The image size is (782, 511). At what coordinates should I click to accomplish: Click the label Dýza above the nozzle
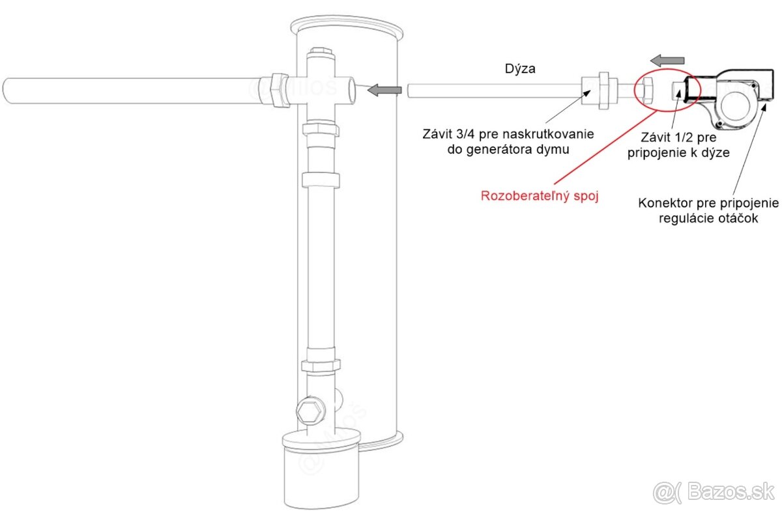pyautogui.click(x=520, y=68)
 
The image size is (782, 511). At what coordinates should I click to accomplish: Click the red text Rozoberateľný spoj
pyautogui.click(x=540, y=196)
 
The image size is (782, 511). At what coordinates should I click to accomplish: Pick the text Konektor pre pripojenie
pyautogui.click(x=708, y=203)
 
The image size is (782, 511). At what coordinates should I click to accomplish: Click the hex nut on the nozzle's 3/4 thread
pyautogui.click(x=600, y=90)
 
